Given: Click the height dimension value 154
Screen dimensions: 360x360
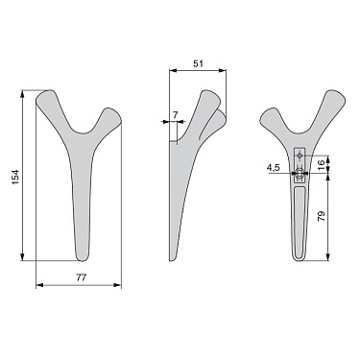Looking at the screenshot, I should click(12, 177).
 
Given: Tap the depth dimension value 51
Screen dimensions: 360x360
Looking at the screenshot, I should click(198, 63).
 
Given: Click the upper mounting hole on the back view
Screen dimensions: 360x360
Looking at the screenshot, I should click(300, 156).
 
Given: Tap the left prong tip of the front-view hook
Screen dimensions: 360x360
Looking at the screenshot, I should click(43, 97).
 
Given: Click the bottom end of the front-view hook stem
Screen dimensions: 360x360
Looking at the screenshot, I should click(82, 255).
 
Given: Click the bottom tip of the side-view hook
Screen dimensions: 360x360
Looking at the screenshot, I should click(173, 258).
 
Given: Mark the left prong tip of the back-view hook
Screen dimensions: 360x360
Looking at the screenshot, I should click(267, 115).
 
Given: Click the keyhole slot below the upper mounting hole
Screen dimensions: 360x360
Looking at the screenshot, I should click(300, 176).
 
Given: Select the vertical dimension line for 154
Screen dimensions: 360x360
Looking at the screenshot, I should click(23, 177).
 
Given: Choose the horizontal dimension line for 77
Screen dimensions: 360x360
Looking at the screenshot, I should click(79, 285).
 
